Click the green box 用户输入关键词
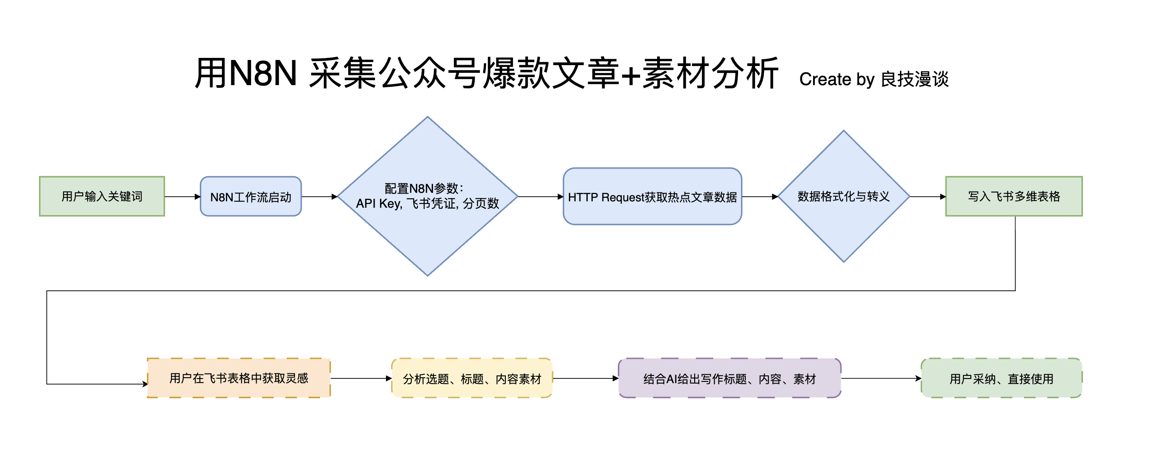(102, 196)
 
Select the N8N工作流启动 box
(251, 196)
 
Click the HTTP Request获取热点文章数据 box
(652, 196)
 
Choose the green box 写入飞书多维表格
(1013, 196)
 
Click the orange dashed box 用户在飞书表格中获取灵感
(239, 378)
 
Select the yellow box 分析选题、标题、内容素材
(472, 378)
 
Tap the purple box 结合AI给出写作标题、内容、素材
(729, 378)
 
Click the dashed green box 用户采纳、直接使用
(1001, 378)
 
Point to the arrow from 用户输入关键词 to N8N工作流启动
(182, 196)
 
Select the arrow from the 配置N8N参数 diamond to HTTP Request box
(540, 196)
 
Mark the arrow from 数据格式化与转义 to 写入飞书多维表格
(927, 196)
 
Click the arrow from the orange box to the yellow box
(361, 378)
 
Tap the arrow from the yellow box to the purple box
(585, 378)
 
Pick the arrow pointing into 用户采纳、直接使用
(881, 378)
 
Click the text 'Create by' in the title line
(837, 80)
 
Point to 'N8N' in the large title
(263, 73)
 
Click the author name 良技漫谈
(915, 79)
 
